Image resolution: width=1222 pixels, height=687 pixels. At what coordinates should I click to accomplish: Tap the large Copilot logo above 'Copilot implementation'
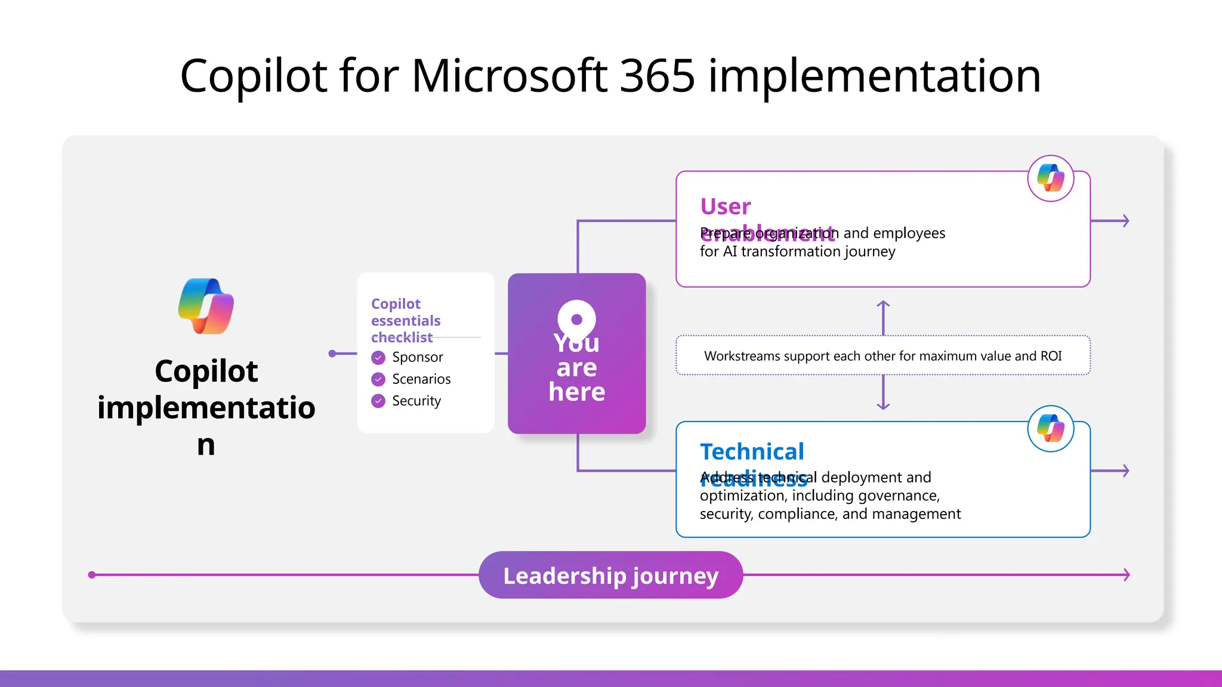tap(206, 306)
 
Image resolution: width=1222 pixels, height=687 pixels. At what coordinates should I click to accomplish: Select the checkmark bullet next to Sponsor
tap(378, 357)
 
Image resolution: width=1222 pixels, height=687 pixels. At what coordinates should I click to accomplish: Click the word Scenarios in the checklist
tap(421, 379)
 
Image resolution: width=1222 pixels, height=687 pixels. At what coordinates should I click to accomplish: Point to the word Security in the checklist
tap(416, 401)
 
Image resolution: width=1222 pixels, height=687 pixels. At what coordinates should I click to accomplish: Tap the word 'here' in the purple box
tap(576, 392)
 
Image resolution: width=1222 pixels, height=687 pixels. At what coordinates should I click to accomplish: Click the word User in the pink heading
tap(726, 206)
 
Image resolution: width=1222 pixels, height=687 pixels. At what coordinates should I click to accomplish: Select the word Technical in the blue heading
tap(752, 451)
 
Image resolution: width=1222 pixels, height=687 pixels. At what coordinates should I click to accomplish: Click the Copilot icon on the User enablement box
tap(1051, 178)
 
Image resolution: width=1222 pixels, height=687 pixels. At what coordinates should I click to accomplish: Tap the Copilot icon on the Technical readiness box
tap(1051, 429)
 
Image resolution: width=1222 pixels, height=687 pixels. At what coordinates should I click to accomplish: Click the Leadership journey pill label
tap(610, 575)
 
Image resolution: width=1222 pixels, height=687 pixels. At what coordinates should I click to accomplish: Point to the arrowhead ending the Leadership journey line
tap(1127, 575)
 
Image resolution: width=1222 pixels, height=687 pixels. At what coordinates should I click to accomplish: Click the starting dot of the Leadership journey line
tap(92, 575)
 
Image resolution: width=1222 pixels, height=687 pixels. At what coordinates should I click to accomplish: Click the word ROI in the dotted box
tap(1051, 356)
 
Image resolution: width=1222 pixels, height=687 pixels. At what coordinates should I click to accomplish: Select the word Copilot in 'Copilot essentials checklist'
tap(396, 304)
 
